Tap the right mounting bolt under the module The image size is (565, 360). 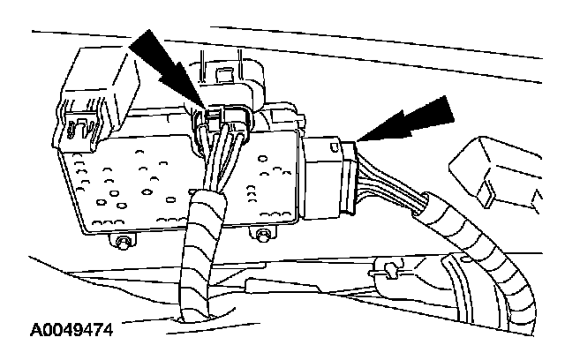[x=262, y=234]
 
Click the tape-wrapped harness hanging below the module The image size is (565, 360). [x=201, y=256]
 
